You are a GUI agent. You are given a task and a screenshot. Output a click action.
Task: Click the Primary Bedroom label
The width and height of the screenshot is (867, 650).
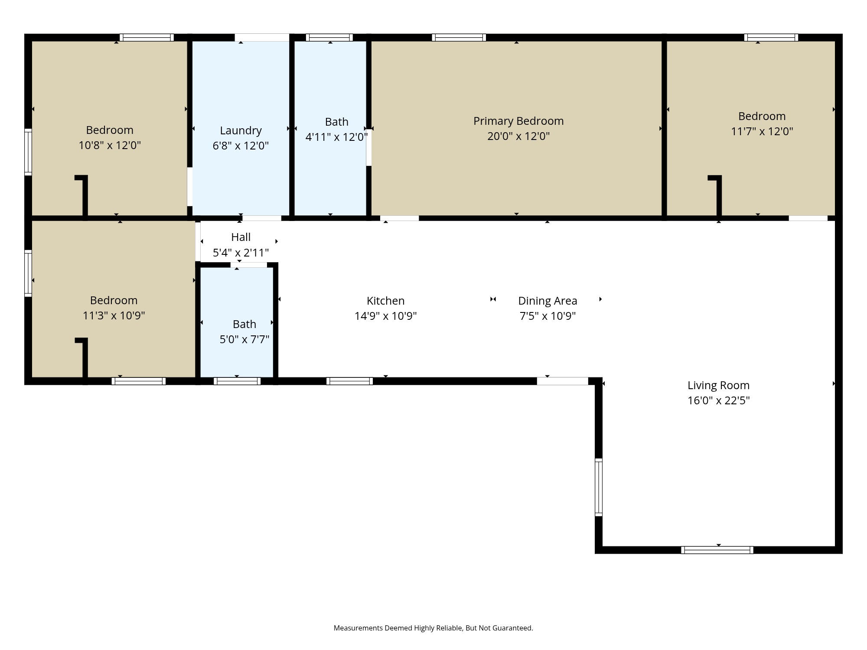(518, 121)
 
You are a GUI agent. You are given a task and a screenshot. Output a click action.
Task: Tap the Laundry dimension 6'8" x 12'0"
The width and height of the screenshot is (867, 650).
(241, 146)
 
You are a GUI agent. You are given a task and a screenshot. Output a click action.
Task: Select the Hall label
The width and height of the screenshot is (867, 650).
(241, 237)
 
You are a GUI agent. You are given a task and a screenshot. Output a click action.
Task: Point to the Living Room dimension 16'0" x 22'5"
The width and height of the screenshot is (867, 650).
(718, 400)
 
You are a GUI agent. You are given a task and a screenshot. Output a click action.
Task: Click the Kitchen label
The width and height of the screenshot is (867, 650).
(385, 301)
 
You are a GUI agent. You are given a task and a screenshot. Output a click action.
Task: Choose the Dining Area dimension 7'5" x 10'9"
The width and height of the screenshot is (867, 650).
(548, 316)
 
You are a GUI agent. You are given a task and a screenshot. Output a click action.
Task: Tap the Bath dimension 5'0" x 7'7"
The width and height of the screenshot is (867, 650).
(244, 339)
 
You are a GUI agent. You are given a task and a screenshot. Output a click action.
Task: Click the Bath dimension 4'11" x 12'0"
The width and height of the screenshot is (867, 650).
(336, 137)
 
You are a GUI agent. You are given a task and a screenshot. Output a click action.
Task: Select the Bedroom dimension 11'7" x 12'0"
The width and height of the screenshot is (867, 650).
(762, 131)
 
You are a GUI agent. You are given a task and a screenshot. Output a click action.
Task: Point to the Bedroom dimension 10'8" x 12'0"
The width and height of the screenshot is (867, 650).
(110, 145)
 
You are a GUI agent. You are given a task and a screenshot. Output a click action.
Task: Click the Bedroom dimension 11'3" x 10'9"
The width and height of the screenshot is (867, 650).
(114, 315)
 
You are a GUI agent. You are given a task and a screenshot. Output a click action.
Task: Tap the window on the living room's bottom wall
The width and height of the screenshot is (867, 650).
(717, 550)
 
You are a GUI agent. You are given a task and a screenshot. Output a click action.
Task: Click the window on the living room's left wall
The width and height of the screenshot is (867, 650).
(599, 487)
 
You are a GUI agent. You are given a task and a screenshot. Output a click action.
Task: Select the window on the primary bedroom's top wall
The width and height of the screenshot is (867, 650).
(459, 38)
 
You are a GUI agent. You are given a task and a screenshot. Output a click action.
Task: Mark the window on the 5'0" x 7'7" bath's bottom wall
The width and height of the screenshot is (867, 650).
(237, 381)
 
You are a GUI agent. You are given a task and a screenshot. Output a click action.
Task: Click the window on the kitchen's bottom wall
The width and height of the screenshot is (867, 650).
(349, 381)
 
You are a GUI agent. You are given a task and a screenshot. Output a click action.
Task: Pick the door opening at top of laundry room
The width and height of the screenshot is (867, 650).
(262, 38)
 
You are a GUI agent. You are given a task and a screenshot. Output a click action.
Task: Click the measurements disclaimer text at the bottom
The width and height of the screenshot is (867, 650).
(433, 628)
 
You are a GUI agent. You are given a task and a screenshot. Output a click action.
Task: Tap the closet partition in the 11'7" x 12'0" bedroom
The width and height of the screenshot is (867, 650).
(718, 195)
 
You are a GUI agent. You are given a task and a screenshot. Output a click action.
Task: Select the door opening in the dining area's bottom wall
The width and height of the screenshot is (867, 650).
(562, 381)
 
